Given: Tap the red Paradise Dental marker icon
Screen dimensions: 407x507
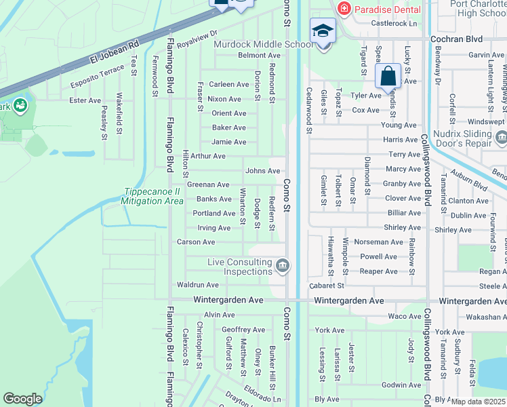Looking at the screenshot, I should point(344,8).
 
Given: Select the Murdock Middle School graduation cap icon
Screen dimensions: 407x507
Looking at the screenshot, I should point(323,31).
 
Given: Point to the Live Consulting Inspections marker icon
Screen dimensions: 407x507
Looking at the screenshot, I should point(282,265).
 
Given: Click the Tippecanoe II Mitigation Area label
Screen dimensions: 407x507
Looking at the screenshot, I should point(153,197).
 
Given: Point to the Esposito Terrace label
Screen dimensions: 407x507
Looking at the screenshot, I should point(98,77).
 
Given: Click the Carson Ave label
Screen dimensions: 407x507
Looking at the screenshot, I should point(196,242).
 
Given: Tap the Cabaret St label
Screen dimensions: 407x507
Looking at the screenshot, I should point(325,286).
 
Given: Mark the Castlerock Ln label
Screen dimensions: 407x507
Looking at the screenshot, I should point(394,23).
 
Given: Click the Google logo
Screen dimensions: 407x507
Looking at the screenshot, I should point(22,399).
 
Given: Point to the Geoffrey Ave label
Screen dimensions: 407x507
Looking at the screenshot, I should point(243,330).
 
